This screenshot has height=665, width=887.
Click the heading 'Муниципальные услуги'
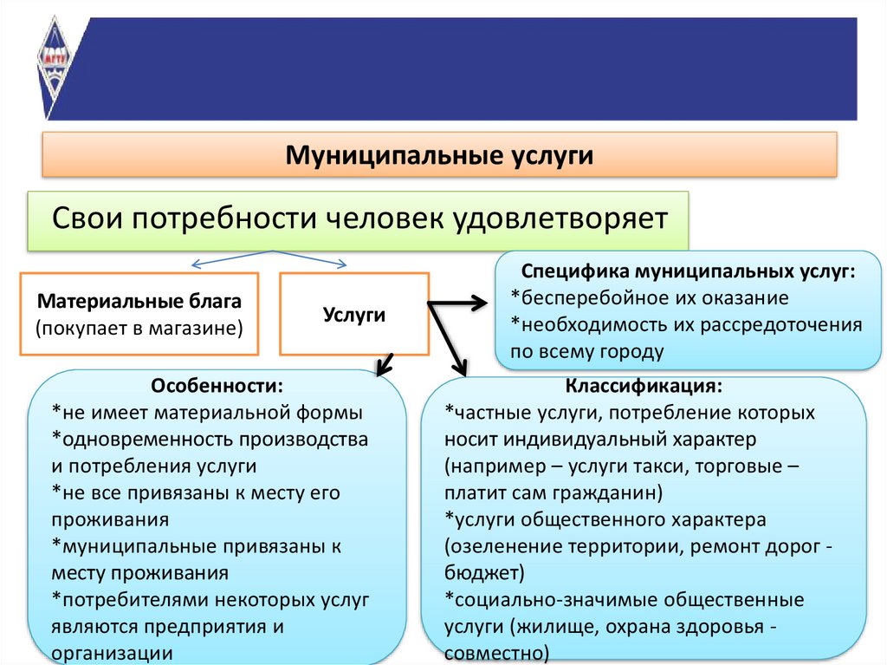pos(440,156)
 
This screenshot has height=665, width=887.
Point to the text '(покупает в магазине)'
pos(139,328)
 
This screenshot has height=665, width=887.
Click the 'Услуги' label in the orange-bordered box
pos(353,314)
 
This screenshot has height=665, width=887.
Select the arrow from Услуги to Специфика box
pos(459,303)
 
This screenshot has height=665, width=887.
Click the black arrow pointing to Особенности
pos(385,364)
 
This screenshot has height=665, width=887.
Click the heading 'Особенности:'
pos(217,385)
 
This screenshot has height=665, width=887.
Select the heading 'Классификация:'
pos(644,385)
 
